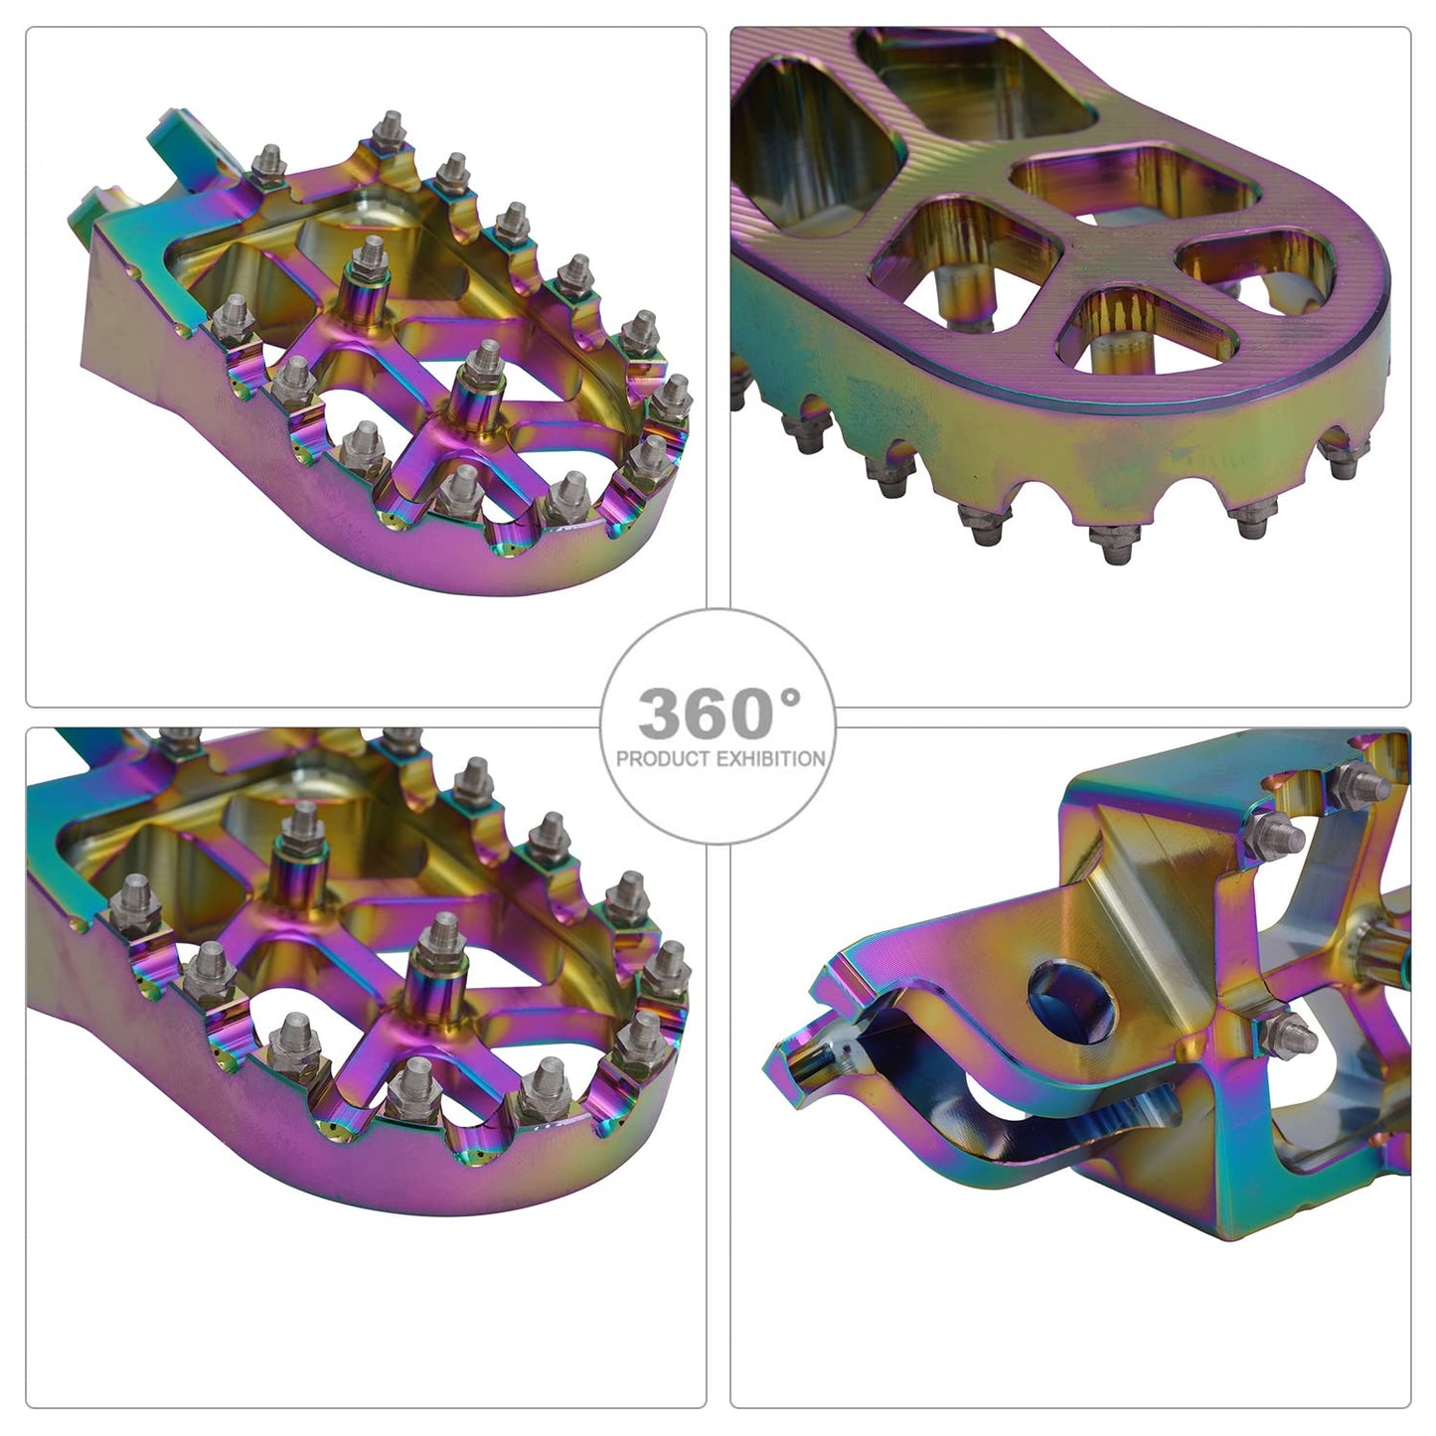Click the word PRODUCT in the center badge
tap(663, 759)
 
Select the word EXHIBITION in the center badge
tap(770, 759)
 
